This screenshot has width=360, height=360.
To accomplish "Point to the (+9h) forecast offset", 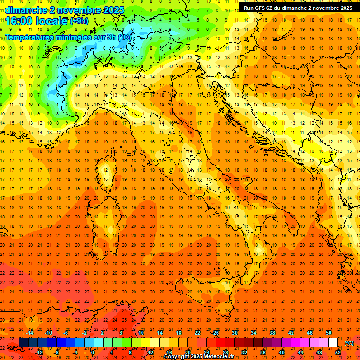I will click(79, 21).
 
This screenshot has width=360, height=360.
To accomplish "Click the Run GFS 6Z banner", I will click(298, 8).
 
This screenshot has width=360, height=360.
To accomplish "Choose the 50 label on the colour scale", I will click(329, 333).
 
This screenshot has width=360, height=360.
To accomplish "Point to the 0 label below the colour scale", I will click(93, 352).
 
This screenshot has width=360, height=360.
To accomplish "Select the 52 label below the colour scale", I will click(338, 352).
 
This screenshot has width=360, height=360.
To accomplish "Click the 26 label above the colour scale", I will click(216, 333).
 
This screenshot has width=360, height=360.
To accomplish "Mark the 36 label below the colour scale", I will click(262, 352).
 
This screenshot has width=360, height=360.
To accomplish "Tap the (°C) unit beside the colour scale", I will click(349, 343).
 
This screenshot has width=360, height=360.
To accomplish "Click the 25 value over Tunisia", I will click(124, 320).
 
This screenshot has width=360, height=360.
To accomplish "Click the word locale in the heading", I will click(53, 21).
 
